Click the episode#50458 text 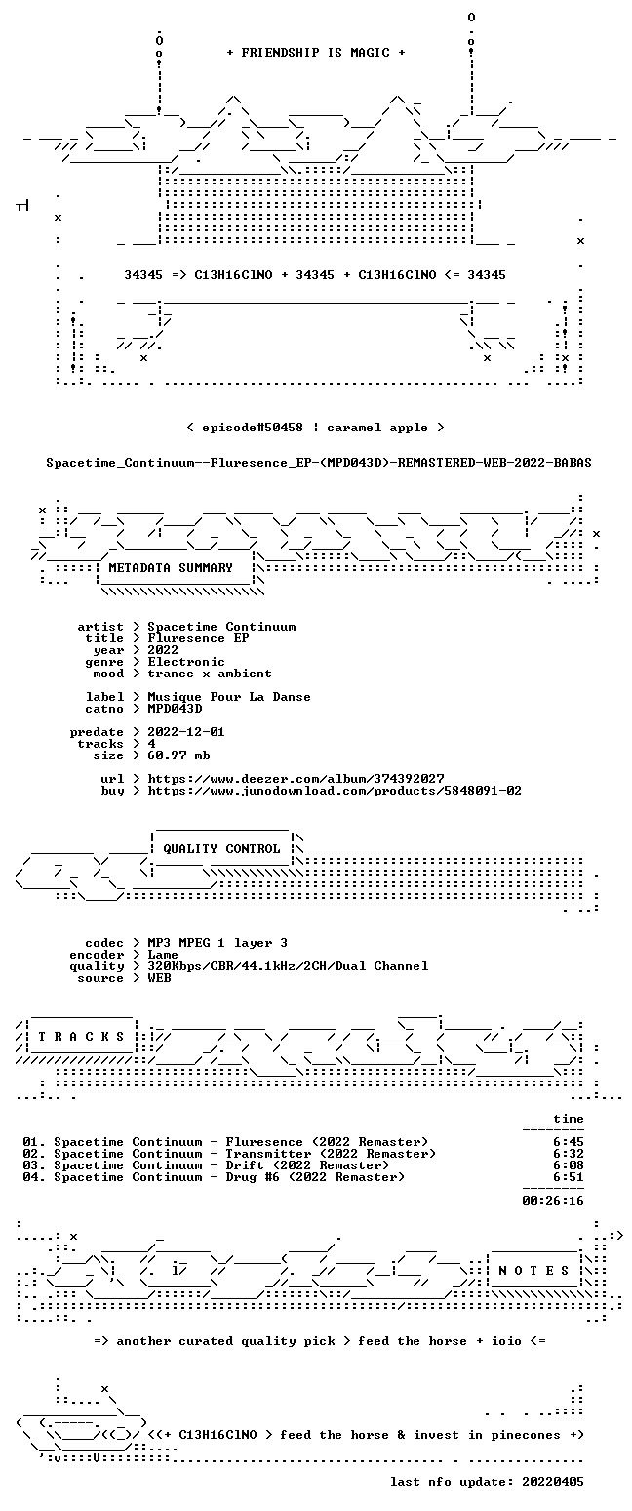pyautogui.click(x=252, y=428)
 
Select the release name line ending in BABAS pyautogui.click(x=319, y=463)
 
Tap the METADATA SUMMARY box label pyautogui.click(x=171, y=568)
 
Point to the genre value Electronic pyautogui.click(x=186, y=662)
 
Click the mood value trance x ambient pyautogui.click(x=210, y=674)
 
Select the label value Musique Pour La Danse pyautogui.click(x=229, y=698)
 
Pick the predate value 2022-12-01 pyautogui.click(x=186, y=732)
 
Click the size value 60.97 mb pyautogui.click(x=178, y=755)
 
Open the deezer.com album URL pyautogui.click(x=296, y=778)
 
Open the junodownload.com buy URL pyautogui.click(x=335, y=791)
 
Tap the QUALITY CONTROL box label pyautogui.click(x=221, y=849)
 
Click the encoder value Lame pyautogui.click(x=163, y=955)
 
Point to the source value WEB pyautogui.click(x=159, y=978)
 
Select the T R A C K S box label pyautogui.click(x=81, y=1036)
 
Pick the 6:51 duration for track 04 pyautogui.click(x=568, y=1177)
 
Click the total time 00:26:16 pyautogui.click(x=552, y=1200)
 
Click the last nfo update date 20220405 pyautogui.click(x=552, y=1482)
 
